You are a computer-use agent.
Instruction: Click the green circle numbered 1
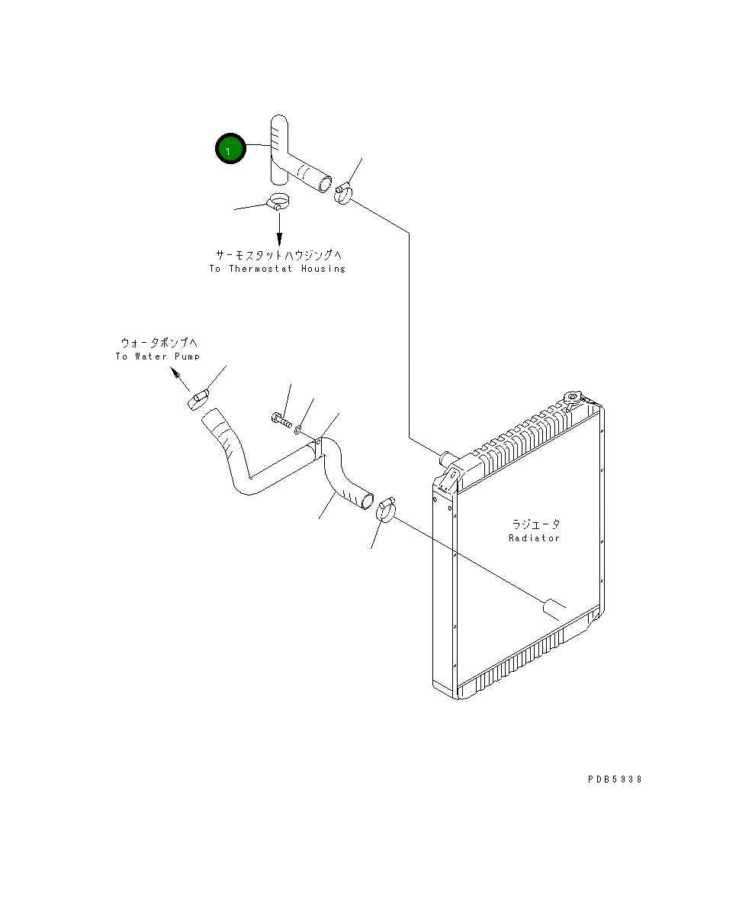230,149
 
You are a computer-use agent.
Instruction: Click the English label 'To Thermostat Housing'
277,269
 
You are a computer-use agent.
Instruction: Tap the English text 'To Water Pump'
157,357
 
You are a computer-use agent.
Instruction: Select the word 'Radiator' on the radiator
534,538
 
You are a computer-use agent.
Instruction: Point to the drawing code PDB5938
615,779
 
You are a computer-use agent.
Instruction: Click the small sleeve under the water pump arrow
199,398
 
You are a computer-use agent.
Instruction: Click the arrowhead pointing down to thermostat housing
279,238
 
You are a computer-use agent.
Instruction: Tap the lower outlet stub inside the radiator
554,607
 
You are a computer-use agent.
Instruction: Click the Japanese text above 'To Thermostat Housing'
277,255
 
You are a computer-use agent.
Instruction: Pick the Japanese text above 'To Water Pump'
158,344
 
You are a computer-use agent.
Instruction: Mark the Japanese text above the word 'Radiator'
535,524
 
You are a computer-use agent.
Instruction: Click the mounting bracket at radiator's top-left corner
448,478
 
